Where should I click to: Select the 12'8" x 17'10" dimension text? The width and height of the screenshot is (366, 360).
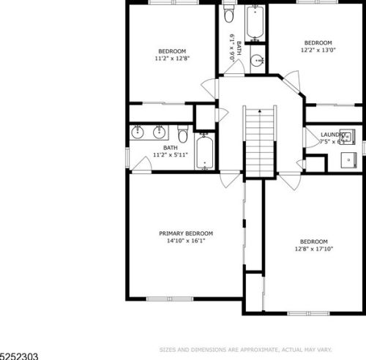point(313,249)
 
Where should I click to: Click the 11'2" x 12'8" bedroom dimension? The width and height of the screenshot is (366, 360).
point(172,59)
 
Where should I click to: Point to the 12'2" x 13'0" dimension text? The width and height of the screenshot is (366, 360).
point(318,50)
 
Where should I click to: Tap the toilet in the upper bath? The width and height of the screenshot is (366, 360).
point(229,16)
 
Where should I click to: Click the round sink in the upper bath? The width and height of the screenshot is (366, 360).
point(256,60)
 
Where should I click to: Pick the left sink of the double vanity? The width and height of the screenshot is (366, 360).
point(139,133)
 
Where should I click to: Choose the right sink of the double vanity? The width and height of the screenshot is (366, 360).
point(161,133)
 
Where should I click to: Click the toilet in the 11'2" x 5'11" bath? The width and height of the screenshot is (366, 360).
point(183,133)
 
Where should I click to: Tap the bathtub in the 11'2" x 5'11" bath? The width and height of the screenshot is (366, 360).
point(204,151)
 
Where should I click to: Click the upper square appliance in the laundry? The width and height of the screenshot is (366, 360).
point(346,136)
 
